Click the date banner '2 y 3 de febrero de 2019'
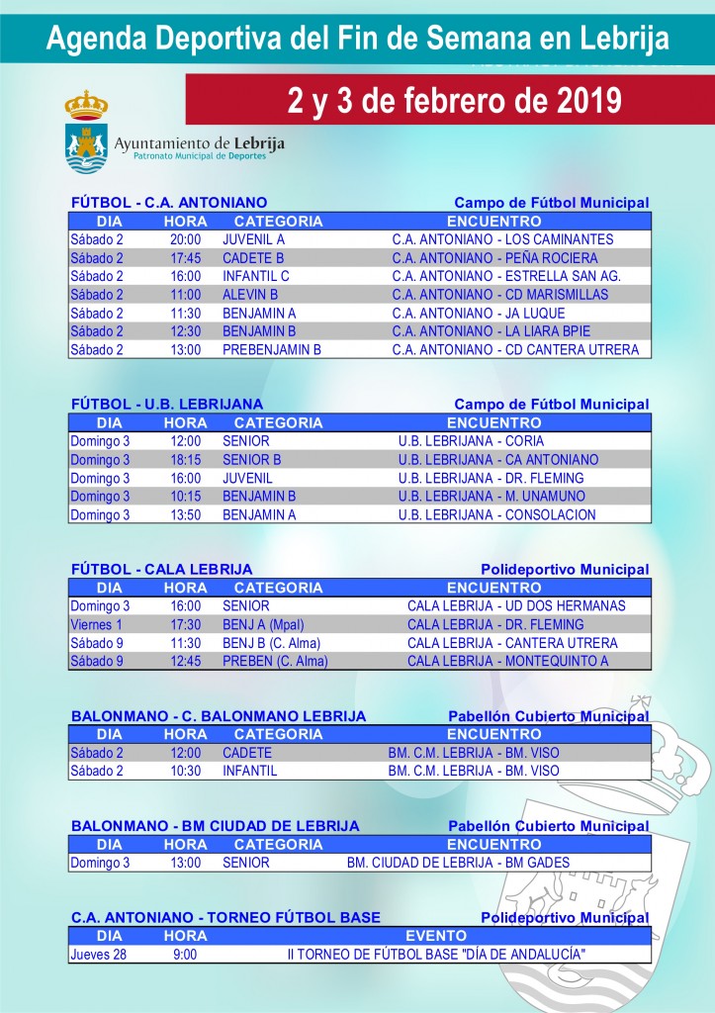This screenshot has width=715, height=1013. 454,100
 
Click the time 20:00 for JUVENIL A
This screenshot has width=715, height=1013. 185,239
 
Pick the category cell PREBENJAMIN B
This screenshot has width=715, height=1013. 272,349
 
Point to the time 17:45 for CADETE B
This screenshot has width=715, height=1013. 185,258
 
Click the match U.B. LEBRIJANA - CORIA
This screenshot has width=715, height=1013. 471,441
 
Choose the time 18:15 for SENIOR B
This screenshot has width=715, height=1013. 185,460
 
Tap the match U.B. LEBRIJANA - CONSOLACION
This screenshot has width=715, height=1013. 496,515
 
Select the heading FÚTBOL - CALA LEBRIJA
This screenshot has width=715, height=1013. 161,570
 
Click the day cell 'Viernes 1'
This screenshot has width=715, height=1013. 97,625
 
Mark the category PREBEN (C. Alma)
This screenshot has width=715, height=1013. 275,662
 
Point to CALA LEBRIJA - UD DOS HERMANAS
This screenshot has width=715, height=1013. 516,606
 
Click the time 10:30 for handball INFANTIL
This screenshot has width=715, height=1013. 185,771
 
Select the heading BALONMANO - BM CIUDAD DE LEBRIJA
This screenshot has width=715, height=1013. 216,826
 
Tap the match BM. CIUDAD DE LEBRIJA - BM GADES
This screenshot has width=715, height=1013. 458,863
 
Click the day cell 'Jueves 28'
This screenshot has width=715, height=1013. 98,955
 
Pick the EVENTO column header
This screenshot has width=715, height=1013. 435,936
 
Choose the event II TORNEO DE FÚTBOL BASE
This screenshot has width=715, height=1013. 435,955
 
